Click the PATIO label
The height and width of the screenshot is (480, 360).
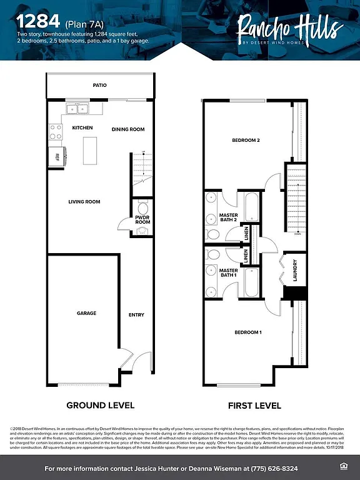(99, 85)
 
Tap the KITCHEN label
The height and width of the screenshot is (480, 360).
(82, 128)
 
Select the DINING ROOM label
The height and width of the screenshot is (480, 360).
(128, 129)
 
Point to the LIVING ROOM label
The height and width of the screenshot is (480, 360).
(84, 202)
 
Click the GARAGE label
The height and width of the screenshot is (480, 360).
(86, 313)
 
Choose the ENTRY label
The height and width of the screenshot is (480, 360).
(136, 315)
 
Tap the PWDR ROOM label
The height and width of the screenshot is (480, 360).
(142, 220)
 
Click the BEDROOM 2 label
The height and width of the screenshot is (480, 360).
(246, 141)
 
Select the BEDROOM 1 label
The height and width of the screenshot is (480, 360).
(248, 332)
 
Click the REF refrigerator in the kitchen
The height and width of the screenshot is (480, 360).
(57, 156)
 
